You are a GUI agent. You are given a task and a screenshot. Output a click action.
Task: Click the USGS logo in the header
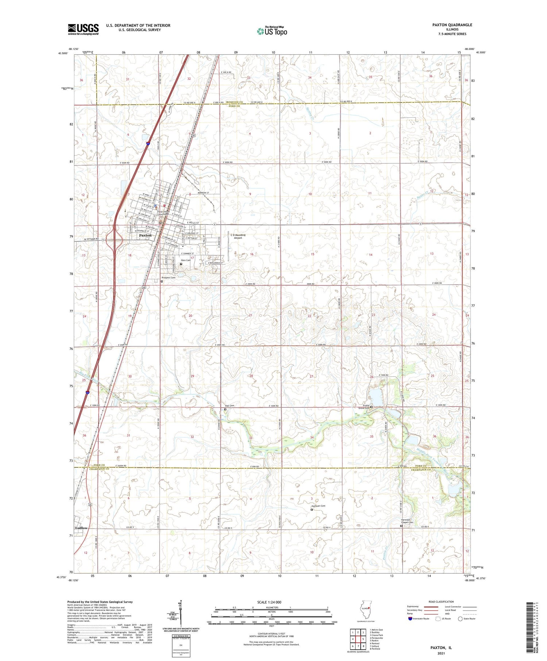tap(83, 29)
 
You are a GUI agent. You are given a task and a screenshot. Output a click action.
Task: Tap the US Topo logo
tap(272, 31)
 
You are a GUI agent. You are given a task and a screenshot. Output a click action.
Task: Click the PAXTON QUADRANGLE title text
tap(452, 25)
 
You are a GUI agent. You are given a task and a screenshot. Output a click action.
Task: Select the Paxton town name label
tap(145, 236)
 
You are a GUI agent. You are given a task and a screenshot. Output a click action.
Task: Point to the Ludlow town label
tap(81, 528)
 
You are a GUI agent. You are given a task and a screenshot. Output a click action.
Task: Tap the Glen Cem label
tap(186, 260)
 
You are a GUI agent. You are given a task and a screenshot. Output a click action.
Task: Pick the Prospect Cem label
tap(168, 278)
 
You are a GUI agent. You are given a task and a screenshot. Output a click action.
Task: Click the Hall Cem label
tap(229, 406)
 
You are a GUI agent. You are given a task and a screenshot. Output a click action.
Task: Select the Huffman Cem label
tap(318, 506)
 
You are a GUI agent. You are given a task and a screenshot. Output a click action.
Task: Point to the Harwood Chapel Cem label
tap(407, 521)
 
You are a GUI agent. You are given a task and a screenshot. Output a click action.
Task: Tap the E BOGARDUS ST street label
tap(215, 263)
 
